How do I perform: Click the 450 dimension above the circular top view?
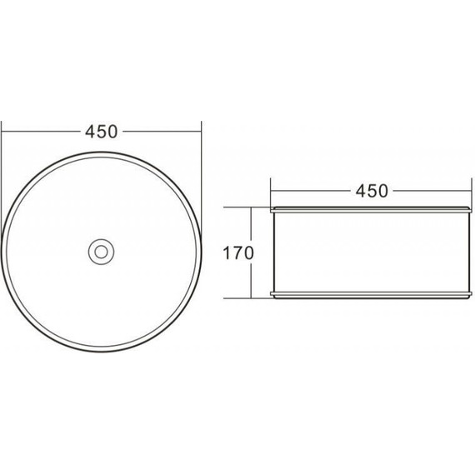(x=101, y=132)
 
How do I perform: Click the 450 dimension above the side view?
(x=372, y=191)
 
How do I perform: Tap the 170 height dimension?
(x=238, y=253)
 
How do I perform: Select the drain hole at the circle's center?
(x=101, y=252)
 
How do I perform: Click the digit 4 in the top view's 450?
(x=91, y=132)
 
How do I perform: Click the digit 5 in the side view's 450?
(x=372, y=191)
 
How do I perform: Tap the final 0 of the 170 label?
(x=248, y=253)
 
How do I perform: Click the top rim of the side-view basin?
(x=372, y=210)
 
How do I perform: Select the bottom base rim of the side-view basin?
(x=372, y=295)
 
